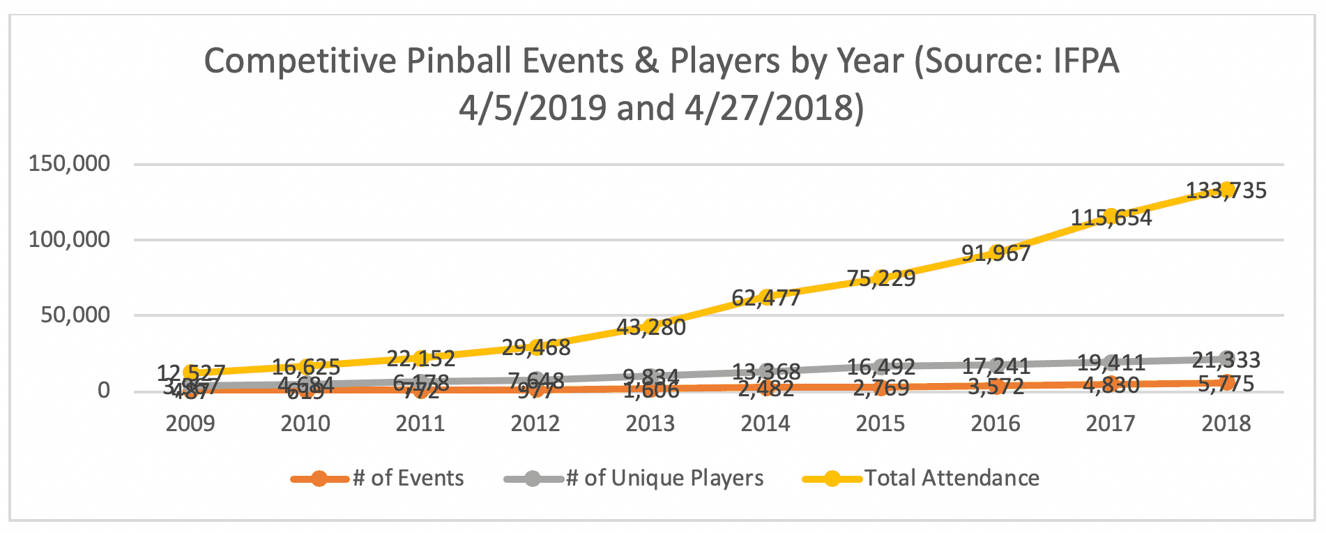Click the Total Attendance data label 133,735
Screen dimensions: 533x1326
1226,190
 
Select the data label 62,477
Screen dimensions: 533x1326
765,298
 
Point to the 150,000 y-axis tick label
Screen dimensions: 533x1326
69,164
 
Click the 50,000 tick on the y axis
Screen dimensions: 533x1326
75,315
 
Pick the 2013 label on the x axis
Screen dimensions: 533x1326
650,423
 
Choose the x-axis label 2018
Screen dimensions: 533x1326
1226,423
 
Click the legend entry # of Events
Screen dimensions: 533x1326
408,479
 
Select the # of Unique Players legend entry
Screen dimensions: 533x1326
664,479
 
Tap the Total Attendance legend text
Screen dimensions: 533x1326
952,479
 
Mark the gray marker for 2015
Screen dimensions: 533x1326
881,366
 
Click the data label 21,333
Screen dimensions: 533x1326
1226,360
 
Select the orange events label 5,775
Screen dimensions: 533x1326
1226,384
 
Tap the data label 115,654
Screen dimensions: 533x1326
1111,218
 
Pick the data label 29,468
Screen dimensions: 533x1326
535,347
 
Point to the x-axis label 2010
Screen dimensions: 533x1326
305,423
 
